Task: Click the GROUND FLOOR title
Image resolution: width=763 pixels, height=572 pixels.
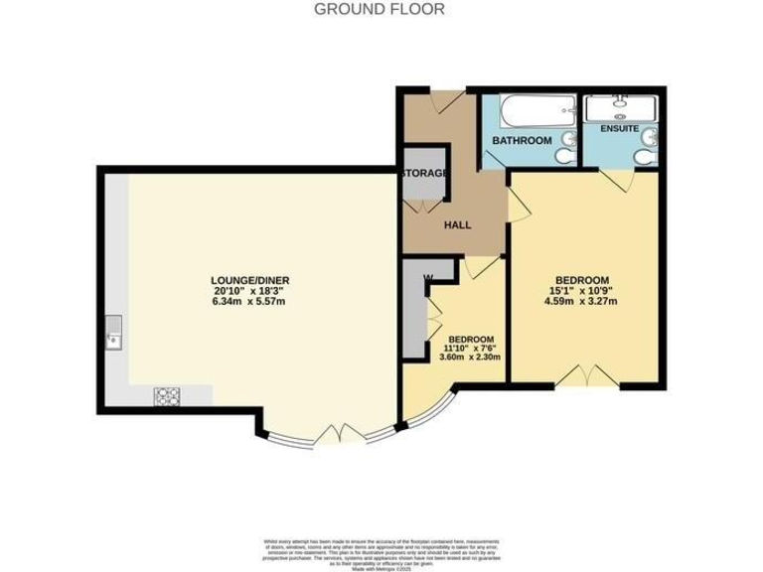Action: click(x=380, y=9)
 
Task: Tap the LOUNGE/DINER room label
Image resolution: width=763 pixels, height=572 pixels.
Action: click(x=249, y=279)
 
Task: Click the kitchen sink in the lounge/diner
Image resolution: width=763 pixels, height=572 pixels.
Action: click(x=113, y=334)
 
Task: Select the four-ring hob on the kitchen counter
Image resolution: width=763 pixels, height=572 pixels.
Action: click(x=166, y=395)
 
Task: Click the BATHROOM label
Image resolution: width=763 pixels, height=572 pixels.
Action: click(x=523, y=141)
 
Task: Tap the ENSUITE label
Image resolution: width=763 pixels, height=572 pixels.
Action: click(x=619, y=129)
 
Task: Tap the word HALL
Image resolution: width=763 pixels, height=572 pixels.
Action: click(x=457, y=225)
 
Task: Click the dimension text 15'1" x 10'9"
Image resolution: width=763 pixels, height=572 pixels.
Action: click(x=581, y=290)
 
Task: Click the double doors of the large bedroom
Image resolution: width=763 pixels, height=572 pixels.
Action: click(x=583, y=373)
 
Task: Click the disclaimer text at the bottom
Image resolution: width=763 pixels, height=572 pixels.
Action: click(x=381, y=549)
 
